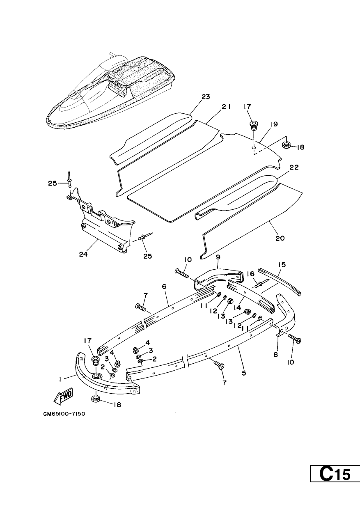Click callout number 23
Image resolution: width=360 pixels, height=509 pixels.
(x=206, y=96)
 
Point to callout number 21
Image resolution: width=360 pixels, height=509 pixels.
(x=226, y=107)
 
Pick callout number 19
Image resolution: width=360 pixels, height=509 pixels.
(x=274, y=124)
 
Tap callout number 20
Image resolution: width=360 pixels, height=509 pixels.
(x=280, y=238)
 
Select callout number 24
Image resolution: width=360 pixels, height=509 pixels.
(x=83, y=254)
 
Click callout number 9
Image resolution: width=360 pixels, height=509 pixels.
(x=218, y=257)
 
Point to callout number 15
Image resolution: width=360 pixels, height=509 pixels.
(x=282, y=265)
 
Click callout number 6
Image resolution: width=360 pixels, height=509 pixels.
(x=164, y=287)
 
